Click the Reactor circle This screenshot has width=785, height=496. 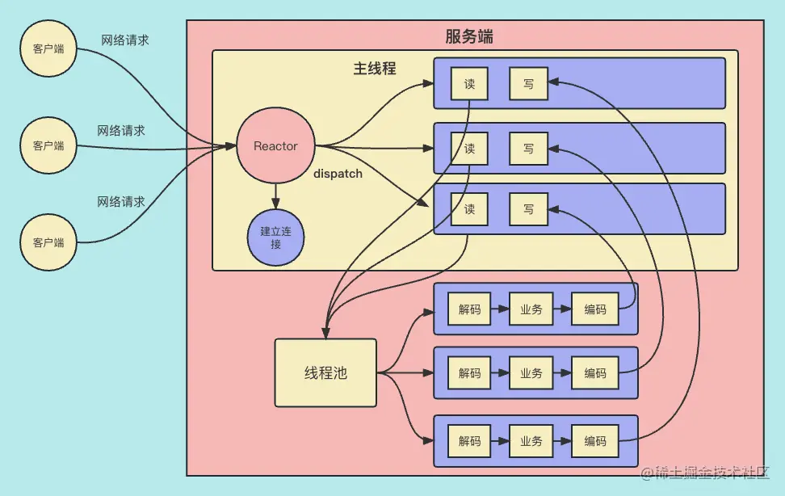(275, 146)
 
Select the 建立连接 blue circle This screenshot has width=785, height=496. (275, 237)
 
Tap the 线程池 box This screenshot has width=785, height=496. (325, 372)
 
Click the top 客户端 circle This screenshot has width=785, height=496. (48, 48)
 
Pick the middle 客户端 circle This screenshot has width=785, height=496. (48, 145)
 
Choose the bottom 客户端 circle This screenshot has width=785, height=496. (48, 242)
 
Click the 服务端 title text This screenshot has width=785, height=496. (469, 36)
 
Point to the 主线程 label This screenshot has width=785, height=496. (375, 69)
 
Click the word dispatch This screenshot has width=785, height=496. (338, 174)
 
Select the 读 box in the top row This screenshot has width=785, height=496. (469, 83)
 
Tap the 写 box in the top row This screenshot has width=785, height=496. (528, 83)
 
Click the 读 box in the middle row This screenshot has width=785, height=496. (469, 149)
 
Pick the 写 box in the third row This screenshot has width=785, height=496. (528, 209)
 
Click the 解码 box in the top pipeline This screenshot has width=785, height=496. (469, 309)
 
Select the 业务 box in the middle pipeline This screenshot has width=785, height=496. (531, 373)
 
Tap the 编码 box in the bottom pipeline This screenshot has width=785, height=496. (595, 441)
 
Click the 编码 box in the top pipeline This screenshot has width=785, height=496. (595, 309)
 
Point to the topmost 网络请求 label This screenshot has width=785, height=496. (124, 40)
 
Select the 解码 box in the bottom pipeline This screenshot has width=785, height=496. (469, 441)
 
